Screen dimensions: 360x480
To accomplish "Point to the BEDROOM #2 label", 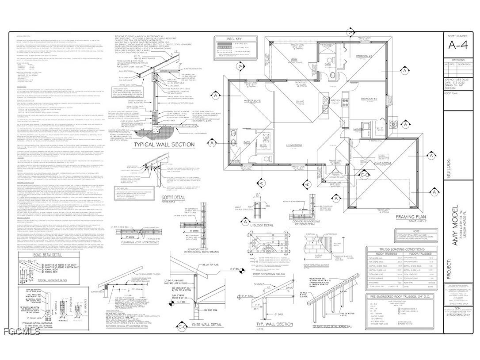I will tap(369, 98).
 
